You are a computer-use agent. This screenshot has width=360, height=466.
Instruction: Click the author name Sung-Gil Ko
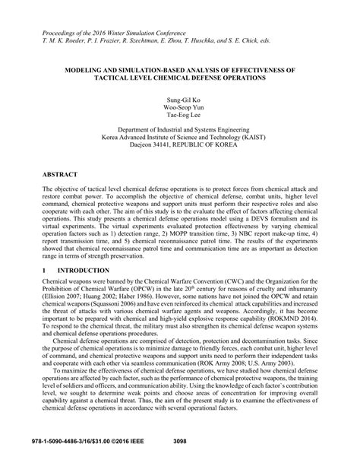coord(179,100)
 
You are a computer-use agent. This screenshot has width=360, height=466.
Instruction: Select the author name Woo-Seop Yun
coord(179,109)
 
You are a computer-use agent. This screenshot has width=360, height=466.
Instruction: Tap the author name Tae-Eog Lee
coord(179,118)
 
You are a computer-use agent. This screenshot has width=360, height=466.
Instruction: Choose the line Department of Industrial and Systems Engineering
coord(179,132)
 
